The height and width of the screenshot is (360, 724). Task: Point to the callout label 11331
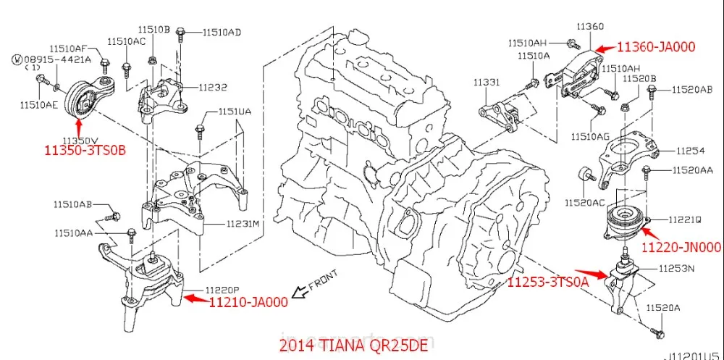pyautogui.click(x=487, y=83)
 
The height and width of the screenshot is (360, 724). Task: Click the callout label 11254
pyautogui.click(x=691, y=151)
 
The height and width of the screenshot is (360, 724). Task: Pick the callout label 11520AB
pyautogui.click(x=691, y=90)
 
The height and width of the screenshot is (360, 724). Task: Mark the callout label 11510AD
pyautogui.click(x=222, y=32)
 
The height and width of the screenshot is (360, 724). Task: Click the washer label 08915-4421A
pyautogui.click(x=59, y=59)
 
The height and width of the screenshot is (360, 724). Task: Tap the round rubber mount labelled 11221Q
pyautogui.click(x=623, y=221)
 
